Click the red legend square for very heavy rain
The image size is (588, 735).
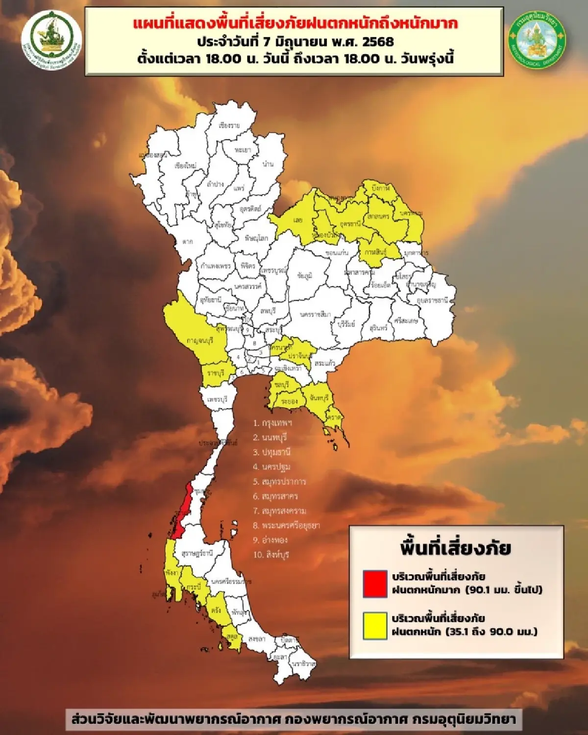375,584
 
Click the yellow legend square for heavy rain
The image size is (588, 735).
375,626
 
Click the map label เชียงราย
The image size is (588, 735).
229,126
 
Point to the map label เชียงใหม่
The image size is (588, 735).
185,166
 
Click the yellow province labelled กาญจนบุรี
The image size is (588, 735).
200,340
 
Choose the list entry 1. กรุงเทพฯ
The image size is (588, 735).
272,423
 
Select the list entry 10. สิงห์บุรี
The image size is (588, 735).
271,555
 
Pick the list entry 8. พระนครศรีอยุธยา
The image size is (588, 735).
286,525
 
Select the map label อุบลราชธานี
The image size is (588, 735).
432,300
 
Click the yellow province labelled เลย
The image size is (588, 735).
298,220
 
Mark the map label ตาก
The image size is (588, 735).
188,241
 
